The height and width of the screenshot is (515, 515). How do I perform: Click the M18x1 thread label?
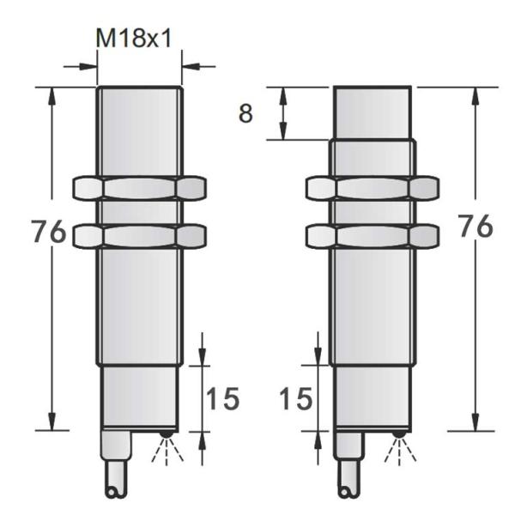[134, 38]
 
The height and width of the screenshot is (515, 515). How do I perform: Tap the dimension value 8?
[246, 113]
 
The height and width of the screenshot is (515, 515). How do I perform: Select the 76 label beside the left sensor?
[49, 232]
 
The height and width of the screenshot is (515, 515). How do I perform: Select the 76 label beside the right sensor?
[476, 226]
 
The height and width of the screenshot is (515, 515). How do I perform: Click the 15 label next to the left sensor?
[222, 398]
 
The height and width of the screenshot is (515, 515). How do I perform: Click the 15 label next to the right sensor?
[295, 398]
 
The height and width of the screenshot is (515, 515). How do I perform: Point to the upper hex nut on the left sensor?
[140, 188]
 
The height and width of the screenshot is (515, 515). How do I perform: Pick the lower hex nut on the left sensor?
[140, 235]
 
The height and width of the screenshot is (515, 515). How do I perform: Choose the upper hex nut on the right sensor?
[373, 188]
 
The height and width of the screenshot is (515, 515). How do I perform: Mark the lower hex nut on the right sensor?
[373, 235]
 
